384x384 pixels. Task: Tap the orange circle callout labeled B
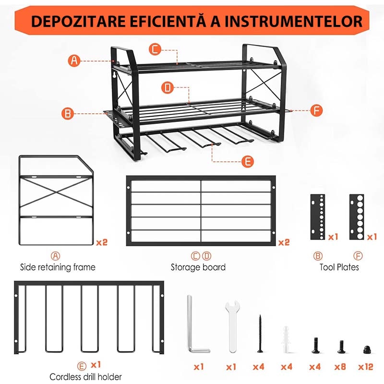tap(68, 114)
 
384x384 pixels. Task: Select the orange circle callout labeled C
tap(155, 49)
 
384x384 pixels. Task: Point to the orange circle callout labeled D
tap(168, 88)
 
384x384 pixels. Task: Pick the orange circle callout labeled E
tap(247, 161)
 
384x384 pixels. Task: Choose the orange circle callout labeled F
tap(316, 110)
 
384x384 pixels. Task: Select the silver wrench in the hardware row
tap(231, 326)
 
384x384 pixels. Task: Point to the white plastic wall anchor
tap(287, 338)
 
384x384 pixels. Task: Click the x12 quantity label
tap(365, 367)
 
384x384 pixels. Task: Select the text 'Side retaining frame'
tap(58, 267)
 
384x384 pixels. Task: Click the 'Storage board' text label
tap(198, 267)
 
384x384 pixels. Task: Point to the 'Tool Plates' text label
tap(339, 267)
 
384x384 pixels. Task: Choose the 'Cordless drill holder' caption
tap(86, 377)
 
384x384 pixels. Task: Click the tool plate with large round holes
tap(357, 218)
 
